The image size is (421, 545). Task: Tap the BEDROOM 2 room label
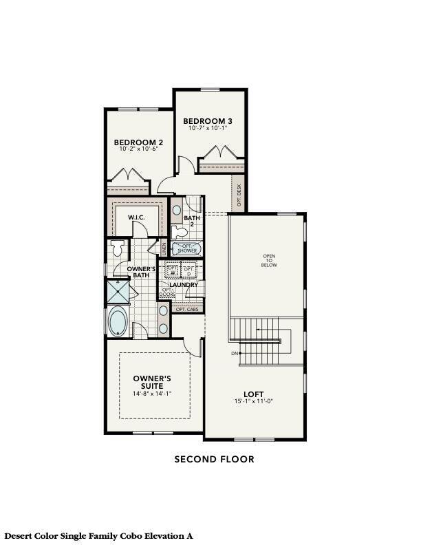[x=139, y=142]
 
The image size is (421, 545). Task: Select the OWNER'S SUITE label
[x=152, y=382]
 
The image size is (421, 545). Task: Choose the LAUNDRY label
[x=184, y=284]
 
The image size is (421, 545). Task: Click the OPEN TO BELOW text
[x=269, y=261]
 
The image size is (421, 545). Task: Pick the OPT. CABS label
[x=186, y=310]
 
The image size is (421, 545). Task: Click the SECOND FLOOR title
[x=214, y=459]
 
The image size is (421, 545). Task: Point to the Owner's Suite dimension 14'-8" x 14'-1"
[x=152, y=394]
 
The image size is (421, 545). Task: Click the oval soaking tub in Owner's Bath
[x=117, y=321]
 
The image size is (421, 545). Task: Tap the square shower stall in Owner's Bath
[x=117, y=292]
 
